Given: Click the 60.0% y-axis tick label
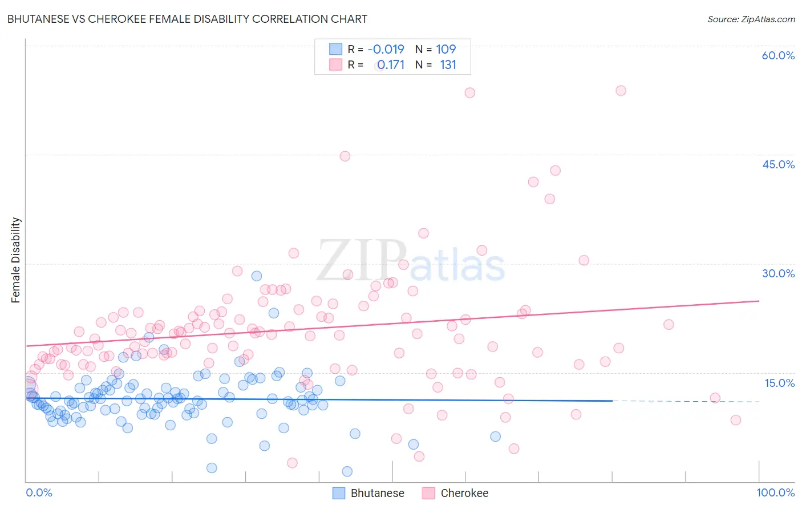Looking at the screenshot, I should [x=778, y=55].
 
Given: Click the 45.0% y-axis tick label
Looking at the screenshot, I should [x=778, y=164].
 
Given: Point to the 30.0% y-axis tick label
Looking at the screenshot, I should [x=778, y=273].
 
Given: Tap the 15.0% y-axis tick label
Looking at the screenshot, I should [x=779, y=383].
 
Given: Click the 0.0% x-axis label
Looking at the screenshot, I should [x=39, y=492].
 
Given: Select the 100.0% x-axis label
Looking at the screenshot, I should [x=775, y=492].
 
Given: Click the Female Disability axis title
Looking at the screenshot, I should [x=16, y=260].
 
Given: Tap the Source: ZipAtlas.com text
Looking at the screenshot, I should [x=751, y=19].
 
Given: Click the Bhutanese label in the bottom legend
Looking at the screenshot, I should [x=377, y=493].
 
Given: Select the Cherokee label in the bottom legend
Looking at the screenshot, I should [x=464, y=493].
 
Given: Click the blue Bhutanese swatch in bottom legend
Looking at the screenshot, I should [x=339, y=493].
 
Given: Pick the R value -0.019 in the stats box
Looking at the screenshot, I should [x=386, y=50].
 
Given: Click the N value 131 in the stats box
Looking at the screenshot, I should [x=448, y=65].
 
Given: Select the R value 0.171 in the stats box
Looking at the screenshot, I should [x=391, y=65].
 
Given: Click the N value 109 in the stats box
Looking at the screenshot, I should [x=445, y=50].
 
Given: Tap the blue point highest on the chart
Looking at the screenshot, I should [x=257, y=276].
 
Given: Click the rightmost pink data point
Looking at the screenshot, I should [x=736, y=420].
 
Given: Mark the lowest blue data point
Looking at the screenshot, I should [x=347, y=471].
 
